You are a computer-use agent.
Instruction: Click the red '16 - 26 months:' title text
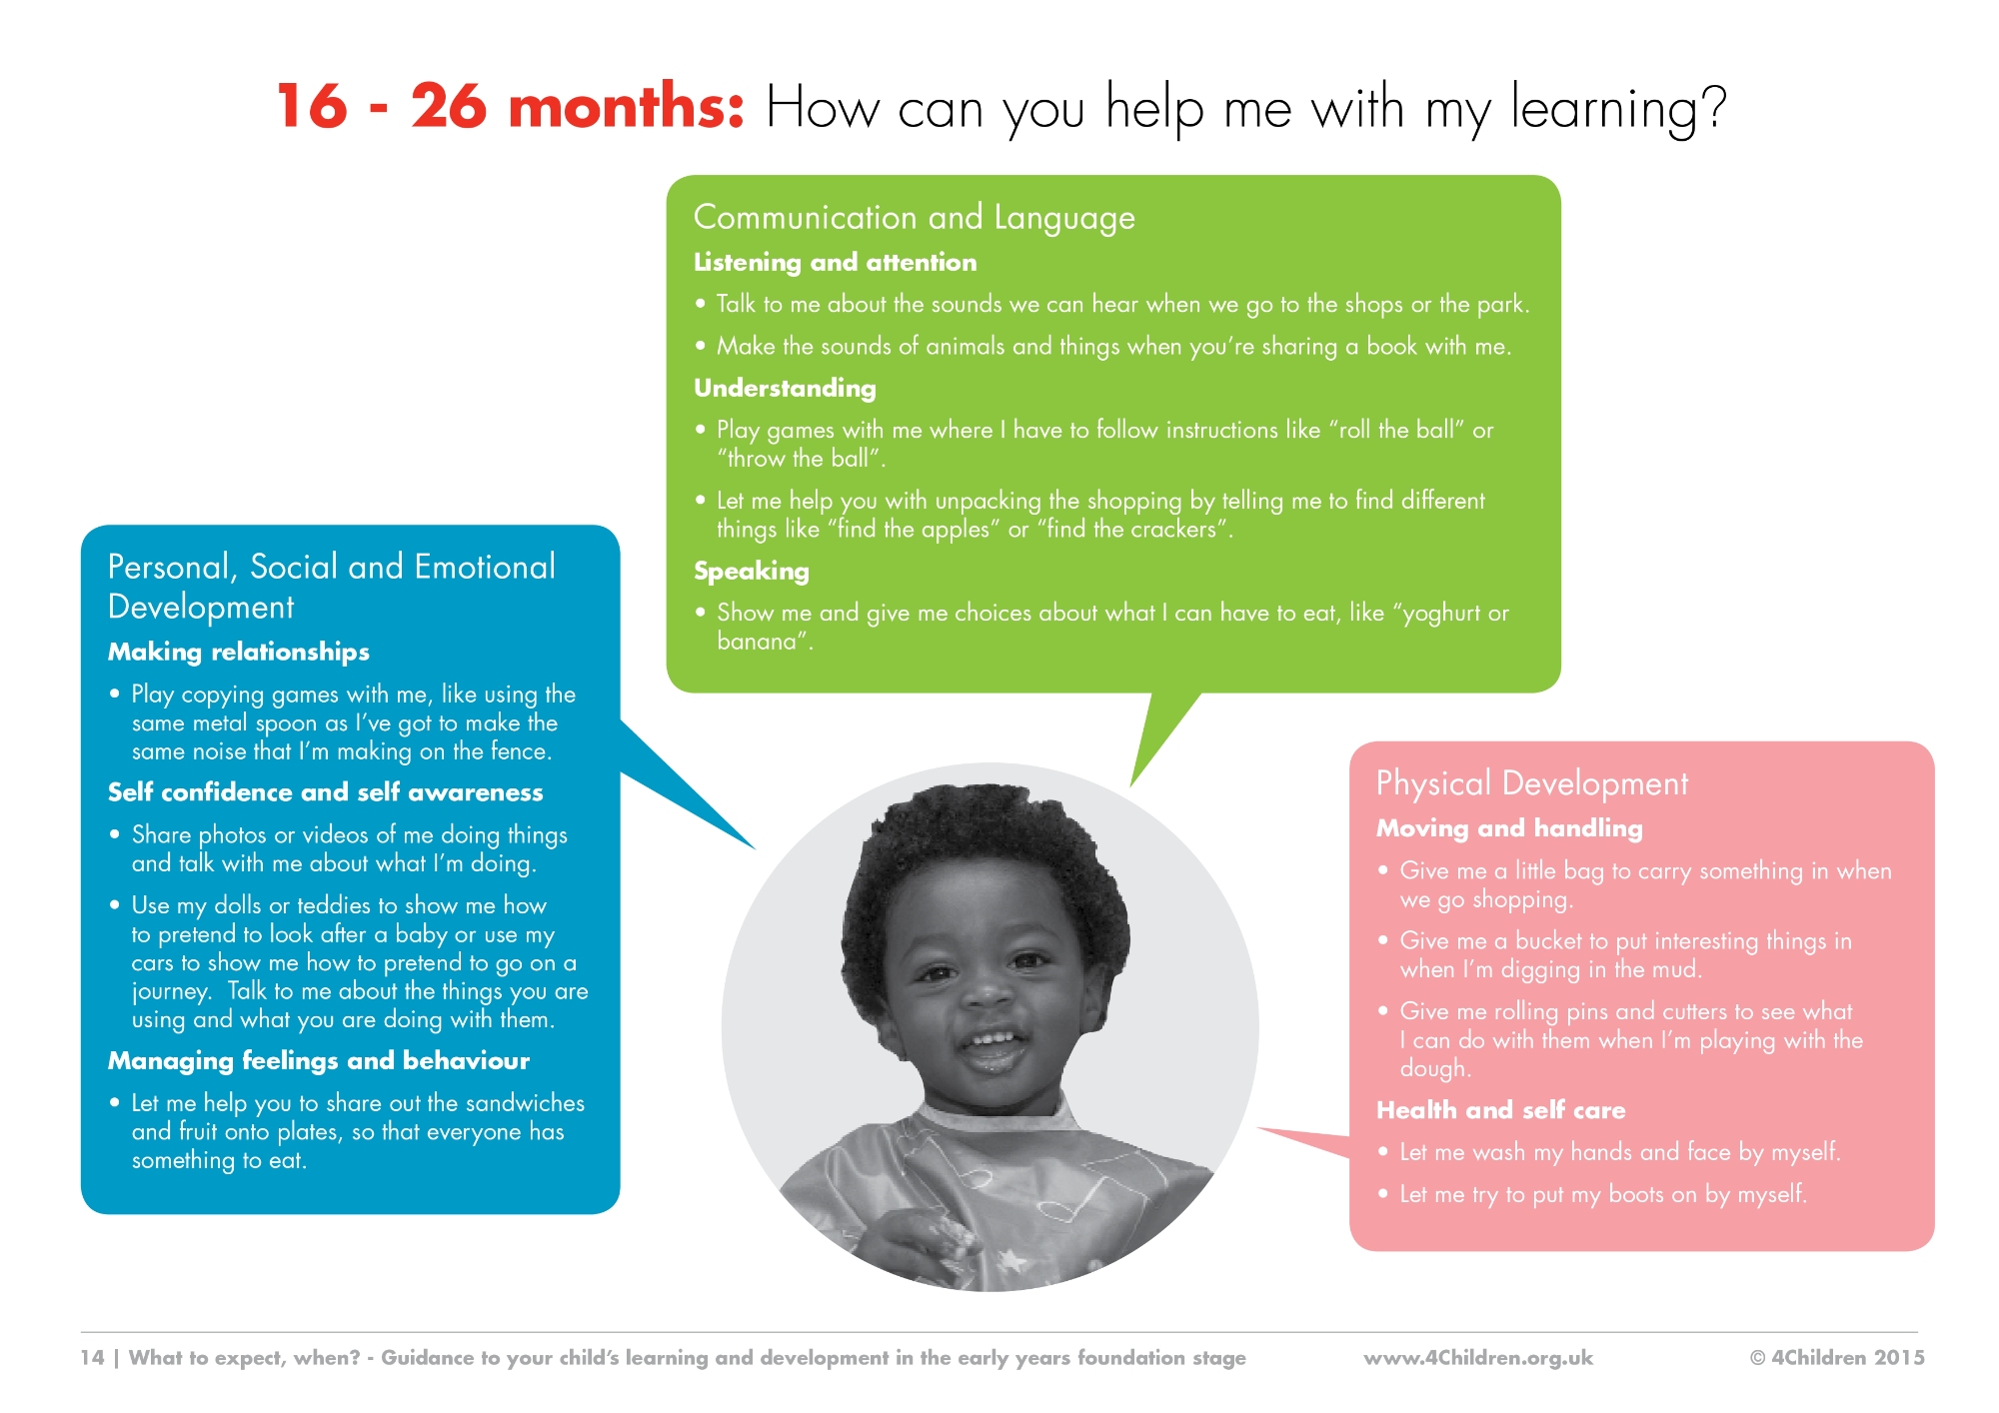coord(511,106)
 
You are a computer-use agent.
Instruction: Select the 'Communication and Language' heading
coord(915,218)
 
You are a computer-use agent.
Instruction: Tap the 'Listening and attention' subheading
coord(836,262)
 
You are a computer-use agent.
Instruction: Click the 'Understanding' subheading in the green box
coord(785,388)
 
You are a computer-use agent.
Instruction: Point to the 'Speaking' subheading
coord(752,571)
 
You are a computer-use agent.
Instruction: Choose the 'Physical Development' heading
coord(1532,783)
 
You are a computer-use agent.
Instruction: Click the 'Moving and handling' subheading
coord(1509,828)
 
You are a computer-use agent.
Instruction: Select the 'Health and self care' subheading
coord(1500,1110)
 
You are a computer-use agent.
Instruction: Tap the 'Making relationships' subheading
coord(239,653)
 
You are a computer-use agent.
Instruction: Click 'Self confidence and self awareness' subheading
coord(326,792)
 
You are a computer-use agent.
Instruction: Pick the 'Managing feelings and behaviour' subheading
coord(319,1060)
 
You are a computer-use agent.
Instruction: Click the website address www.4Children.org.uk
coord(1478,1357)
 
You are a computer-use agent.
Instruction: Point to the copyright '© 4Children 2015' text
coord(1837,1357)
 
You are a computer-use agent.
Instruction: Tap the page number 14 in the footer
coord(92,1357)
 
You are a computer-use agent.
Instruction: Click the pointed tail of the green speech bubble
coord(1131,785)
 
